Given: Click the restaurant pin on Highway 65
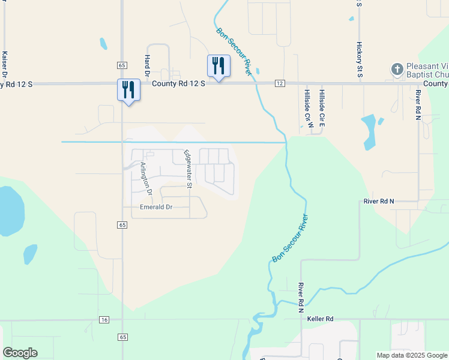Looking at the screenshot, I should [128, 89].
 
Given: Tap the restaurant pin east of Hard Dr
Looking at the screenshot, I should [218, 65].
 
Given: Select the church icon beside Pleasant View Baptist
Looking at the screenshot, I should [397, 70].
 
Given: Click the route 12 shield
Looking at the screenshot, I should [280, 83].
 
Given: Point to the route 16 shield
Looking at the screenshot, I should [104, 320].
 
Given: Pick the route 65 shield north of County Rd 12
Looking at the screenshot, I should [122, 65].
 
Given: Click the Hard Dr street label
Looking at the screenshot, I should [147, 62].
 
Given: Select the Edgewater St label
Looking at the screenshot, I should [187, 169].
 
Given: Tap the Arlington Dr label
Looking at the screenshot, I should [146, 178].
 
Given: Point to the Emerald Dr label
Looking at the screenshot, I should [156, 207].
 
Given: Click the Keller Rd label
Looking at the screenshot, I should [320, 319].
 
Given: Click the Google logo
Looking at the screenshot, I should [20, 353].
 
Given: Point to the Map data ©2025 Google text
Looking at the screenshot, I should [411, 355].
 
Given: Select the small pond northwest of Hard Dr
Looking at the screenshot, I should [103, 44].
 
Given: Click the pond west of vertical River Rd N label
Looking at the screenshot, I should [369, 132].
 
